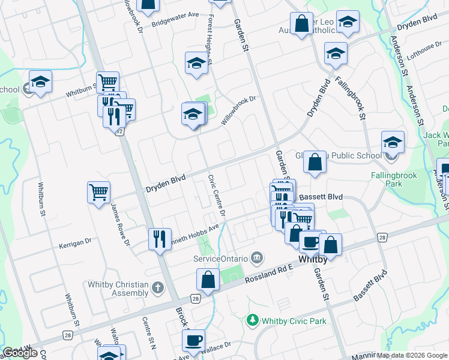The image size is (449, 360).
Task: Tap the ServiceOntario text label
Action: [x=220, y=258]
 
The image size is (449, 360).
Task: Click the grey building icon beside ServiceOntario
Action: [x=257, y=258]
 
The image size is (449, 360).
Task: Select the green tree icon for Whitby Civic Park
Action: [x=253, y=321]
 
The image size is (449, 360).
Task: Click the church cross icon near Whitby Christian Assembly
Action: [x=158, y=288]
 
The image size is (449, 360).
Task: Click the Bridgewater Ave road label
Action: [x=175, y=23]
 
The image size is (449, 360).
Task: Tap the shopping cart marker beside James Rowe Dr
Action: [x=98, y=193]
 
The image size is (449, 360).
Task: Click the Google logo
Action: [x=20, y=353]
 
